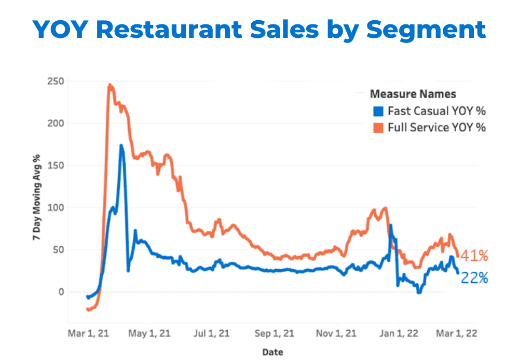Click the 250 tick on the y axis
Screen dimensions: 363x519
(56, 81)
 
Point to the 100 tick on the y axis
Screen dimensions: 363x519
(56, 207)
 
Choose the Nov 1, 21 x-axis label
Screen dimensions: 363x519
(336, 332)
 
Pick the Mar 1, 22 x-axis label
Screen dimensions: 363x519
(458, 332)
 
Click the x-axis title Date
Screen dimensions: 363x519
(272, 352)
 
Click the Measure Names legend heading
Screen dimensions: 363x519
(413, 94)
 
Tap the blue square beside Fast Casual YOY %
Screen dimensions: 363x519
(378, 111)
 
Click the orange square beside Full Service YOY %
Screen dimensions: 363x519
(378, 127)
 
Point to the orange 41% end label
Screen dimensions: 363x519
(474, 256)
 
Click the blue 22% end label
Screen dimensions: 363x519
(474, 278)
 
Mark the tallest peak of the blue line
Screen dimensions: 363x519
(121, 146)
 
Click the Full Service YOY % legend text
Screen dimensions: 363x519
(436, 127)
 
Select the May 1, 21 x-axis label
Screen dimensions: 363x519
(149, 332)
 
